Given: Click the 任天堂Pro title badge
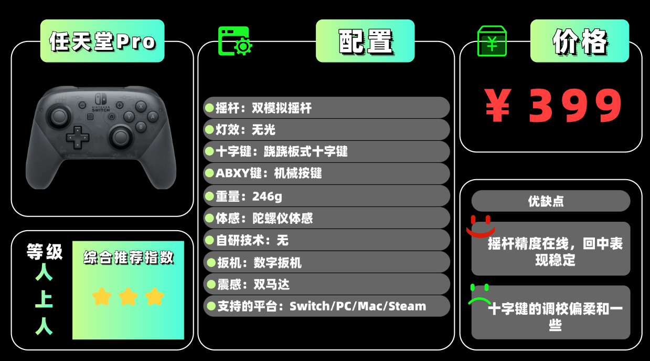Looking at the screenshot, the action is (x=102, y=41).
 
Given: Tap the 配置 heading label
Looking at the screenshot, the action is (x=365, y=41).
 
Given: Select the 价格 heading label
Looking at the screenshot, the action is (x=580, y=41).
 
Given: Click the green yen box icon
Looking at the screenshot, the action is (x=492, y=41).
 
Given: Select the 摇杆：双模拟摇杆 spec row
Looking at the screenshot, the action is (x=326, y=108).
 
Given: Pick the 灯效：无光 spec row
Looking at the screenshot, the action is (x=326, y=130).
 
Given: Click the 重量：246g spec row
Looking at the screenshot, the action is (x=326, y=196).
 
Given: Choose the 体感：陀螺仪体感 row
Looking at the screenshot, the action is (x=326, y=218).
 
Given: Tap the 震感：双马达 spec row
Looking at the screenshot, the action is (x=326, y=284).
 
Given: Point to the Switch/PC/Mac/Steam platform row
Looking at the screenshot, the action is (x=326, y=306).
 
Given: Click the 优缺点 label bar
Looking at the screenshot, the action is (x=550, y=201).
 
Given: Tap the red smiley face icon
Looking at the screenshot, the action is (x=481, y=225).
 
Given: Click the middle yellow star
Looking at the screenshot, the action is (x=128, y=296).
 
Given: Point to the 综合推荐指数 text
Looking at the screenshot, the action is (x=128, y=258).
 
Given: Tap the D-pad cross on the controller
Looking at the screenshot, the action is (x=77, y=137).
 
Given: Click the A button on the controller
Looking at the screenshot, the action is (x=153, y=116).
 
